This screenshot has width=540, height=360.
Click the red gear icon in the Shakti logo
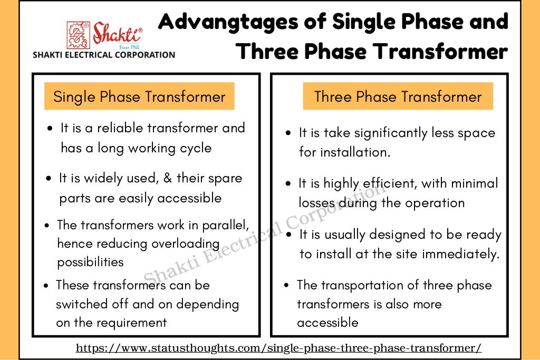click(x=78, y=35)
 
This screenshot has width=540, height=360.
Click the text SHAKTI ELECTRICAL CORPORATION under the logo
click(x=104, y=55)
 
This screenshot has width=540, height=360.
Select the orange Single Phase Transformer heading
click(x=139, y=97)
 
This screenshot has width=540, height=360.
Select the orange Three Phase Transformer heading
click(x=398, y=97)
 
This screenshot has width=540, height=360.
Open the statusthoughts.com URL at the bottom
click(x=278, y=348)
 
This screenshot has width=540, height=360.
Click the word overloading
click(x=185, y=244)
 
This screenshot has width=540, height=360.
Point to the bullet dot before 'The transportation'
click(x=286, y=286)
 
